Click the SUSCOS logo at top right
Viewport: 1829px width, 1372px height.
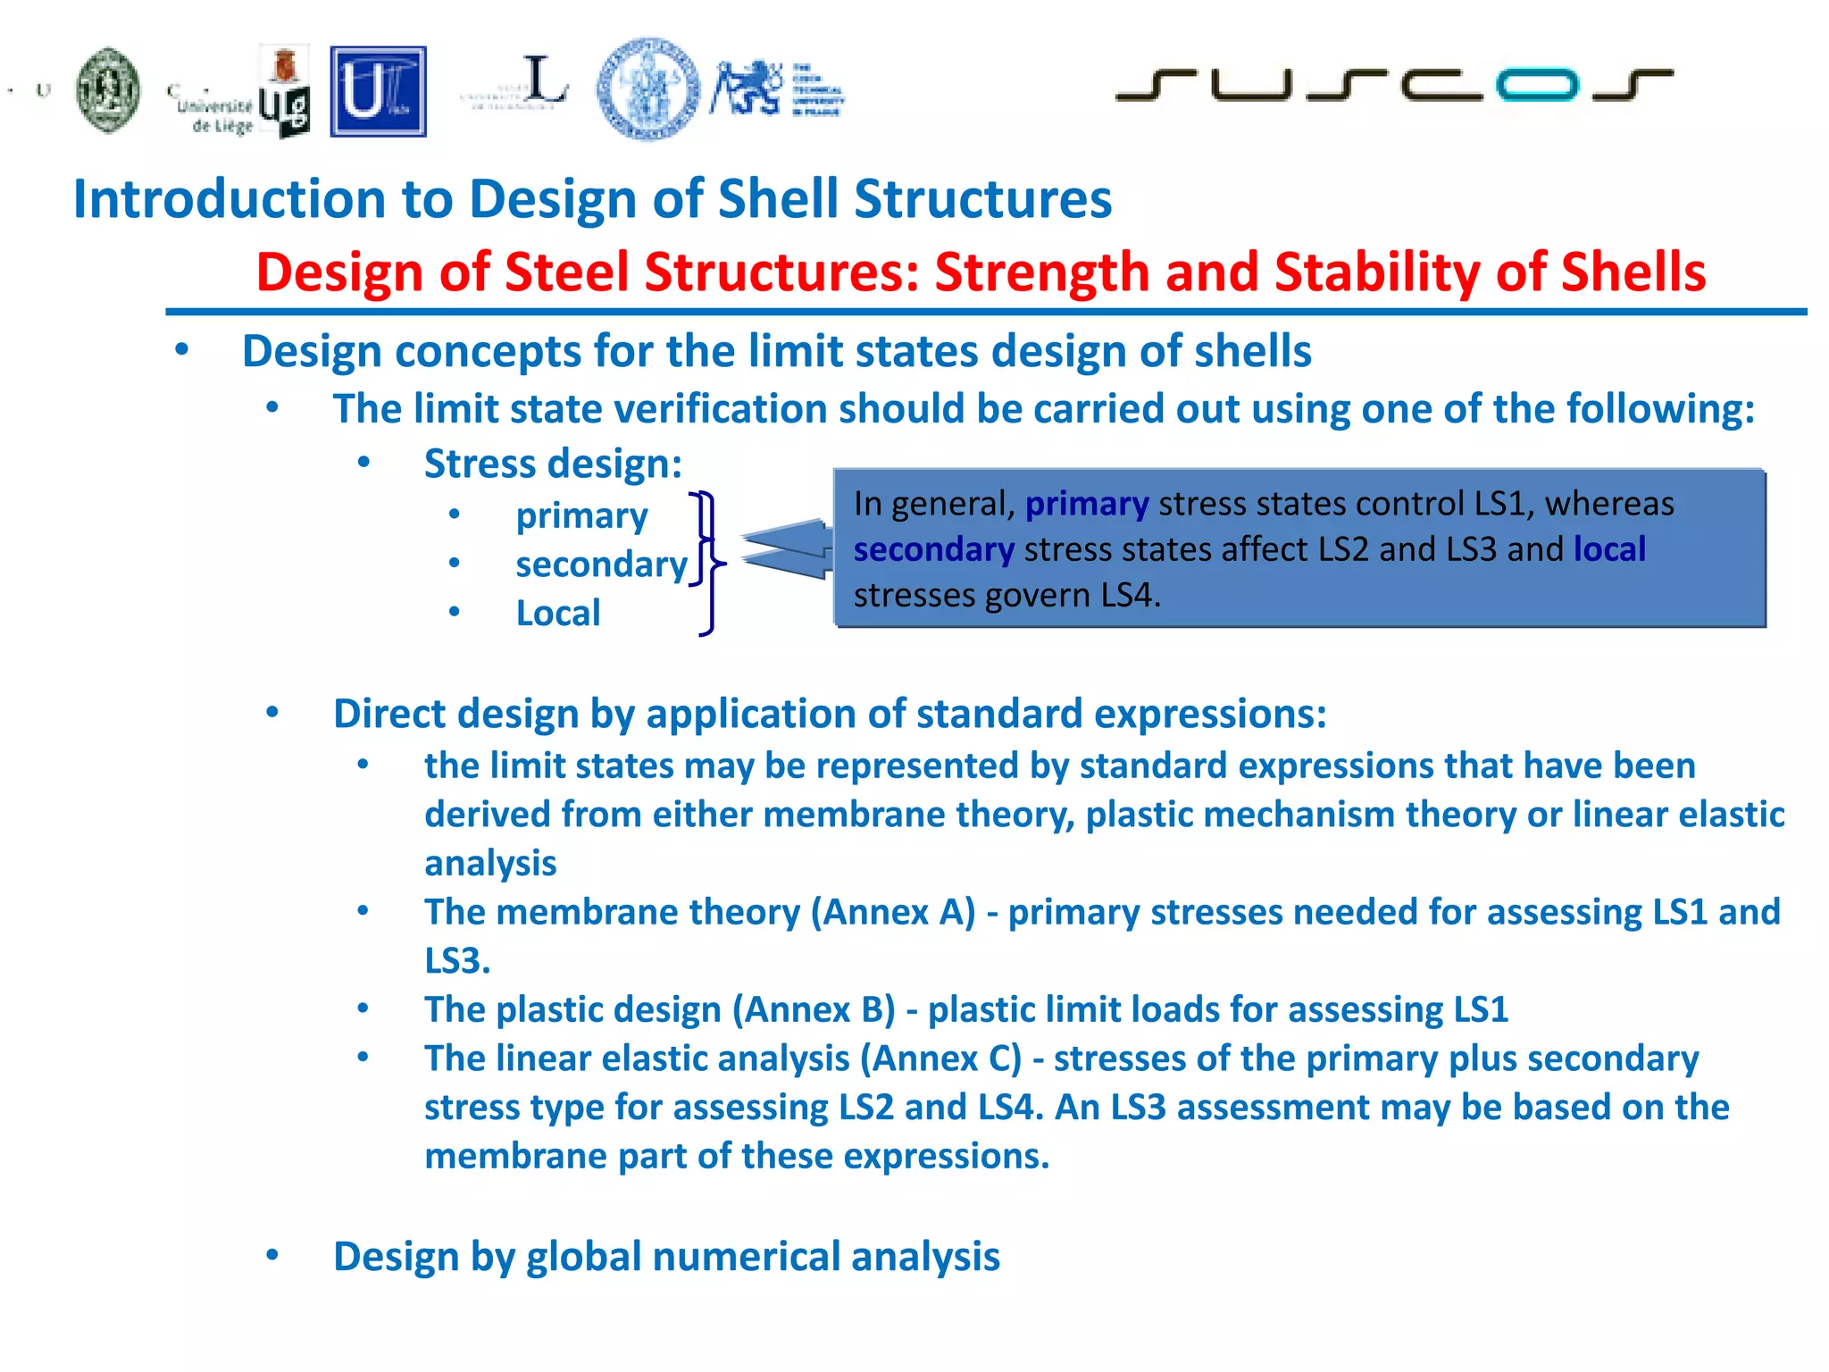click(1393, 85)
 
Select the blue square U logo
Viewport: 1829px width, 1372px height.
click(378, 91)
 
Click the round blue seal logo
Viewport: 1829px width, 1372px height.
click(648, 88)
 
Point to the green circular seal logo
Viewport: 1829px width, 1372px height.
click(108, 90)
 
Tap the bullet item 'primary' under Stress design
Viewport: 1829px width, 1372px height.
click(581, 516)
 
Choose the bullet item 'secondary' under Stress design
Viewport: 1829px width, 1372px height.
click(601, 565)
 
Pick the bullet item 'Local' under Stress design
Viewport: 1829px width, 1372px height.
click(558, 614)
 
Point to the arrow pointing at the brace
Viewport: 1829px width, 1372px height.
click(786, 548)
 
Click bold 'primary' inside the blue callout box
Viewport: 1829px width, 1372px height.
click(1086, 505)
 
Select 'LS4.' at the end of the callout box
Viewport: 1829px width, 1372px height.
click(1130, 595)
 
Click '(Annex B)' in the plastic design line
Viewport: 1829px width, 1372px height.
click(814, 1009)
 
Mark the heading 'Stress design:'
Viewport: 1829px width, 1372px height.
click(553, 464)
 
